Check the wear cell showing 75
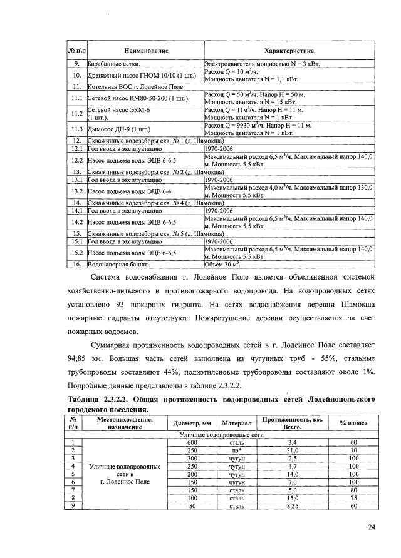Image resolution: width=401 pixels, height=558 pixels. tap(353, 498)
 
